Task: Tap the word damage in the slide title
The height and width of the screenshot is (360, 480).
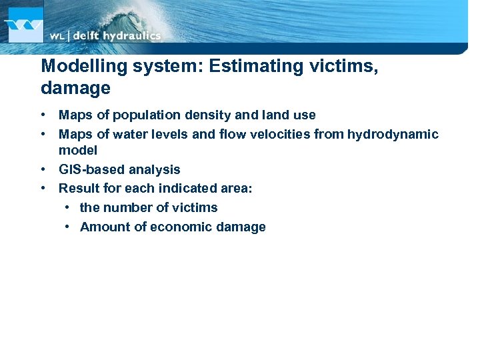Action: pyautogui.click(x=75, y=88)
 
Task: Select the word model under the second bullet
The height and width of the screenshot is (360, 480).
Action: pyautogui.click(x=78, y=151)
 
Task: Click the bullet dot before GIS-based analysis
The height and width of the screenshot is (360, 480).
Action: pyautogui.click(x=43, y=169)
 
